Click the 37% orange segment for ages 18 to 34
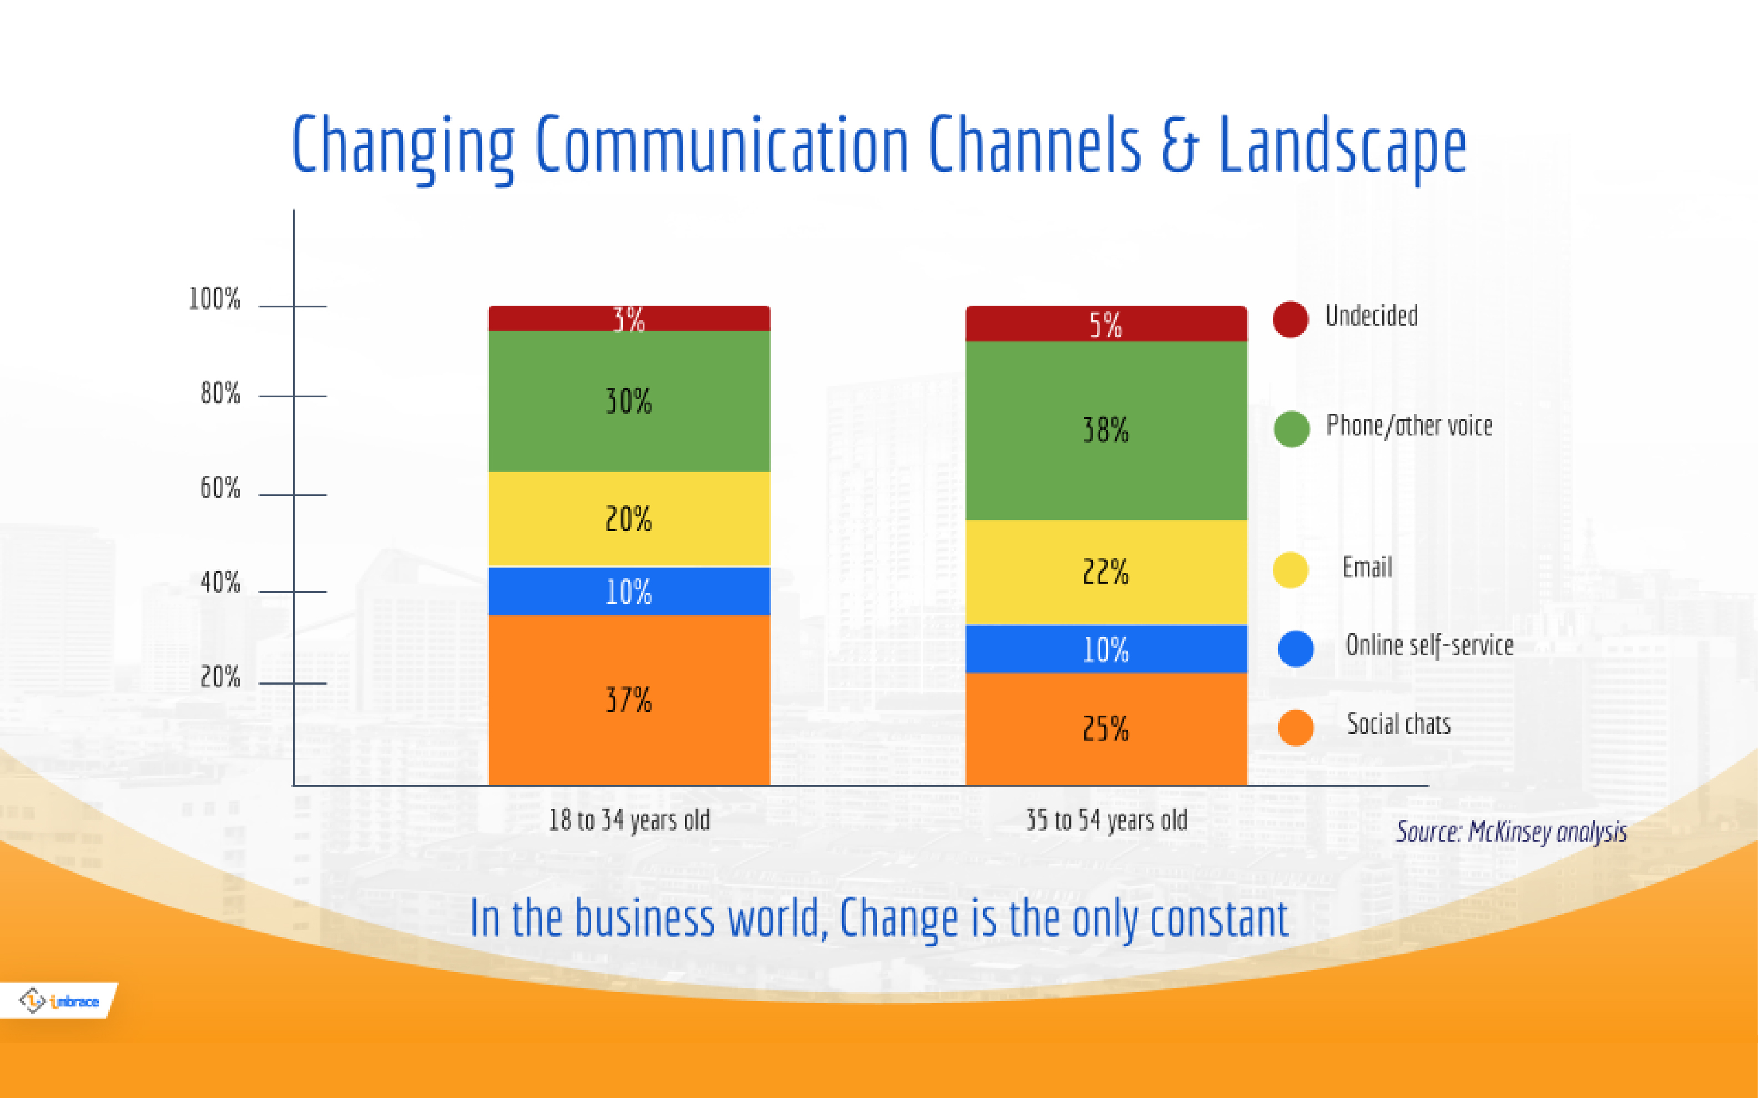(x=629, y=699)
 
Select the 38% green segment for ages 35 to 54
(x=1106, y=430)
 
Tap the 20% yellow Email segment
(x=629, y=519)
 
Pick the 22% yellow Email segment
(x=1106, y=571)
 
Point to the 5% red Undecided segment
(x=1106, y=324)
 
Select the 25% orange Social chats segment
(x=1106, y=728)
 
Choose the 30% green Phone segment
(x=629, y=401)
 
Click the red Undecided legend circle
(x=1290, y=319)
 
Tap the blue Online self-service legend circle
(x=1295, y=649)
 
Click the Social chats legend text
(x=1398, y=724)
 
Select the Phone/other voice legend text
(x=1409, y=426)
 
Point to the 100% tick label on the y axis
(x=214, y=298)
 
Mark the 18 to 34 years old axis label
(x=629, y=821)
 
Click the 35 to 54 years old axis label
(x=1106, y=821)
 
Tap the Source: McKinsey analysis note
(x=1511, y=832)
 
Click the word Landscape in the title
(x=1342, y=146)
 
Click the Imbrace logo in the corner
(x=59, y=1001)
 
